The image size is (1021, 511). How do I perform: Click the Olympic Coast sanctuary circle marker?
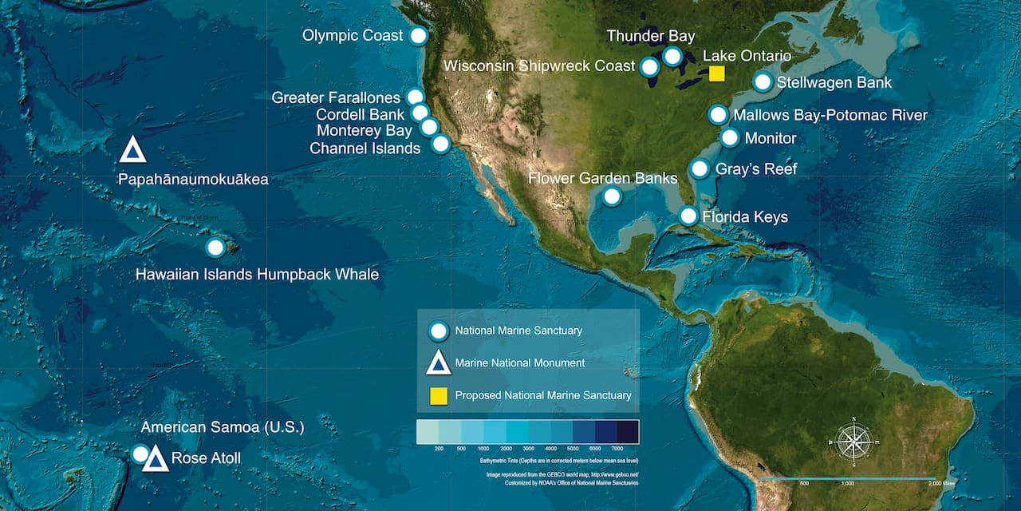click(418, 35)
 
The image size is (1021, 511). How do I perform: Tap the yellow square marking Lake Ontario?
click(716, 74)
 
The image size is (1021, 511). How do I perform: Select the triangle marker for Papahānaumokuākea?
click(133, 149)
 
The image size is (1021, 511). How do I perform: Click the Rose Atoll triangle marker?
click(156, 459)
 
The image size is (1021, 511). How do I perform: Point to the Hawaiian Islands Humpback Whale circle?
click(215, 248)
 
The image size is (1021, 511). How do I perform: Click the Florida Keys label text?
click(745, 217)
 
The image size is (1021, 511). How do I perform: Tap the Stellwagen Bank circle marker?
click(763, 81)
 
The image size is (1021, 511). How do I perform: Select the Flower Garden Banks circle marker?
click(612, 196)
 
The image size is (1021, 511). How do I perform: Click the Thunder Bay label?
click(650, 36)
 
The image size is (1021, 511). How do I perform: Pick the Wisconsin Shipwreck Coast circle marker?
click(651, 65)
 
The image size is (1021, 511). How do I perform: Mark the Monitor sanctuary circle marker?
click(730, 138)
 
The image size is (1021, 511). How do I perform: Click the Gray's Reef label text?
click(756, 169)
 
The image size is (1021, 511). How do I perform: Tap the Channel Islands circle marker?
click(440, 144)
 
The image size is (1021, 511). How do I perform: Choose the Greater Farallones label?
click(336, 97)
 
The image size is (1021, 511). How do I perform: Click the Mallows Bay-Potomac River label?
click(830, 115)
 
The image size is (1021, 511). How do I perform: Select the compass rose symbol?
click(853, 441)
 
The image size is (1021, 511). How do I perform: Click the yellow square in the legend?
click(438, 395)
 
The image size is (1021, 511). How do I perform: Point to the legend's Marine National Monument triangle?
click(438, 363)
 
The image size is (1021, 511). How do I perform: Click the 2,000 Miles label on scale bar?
click(943, 484)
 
